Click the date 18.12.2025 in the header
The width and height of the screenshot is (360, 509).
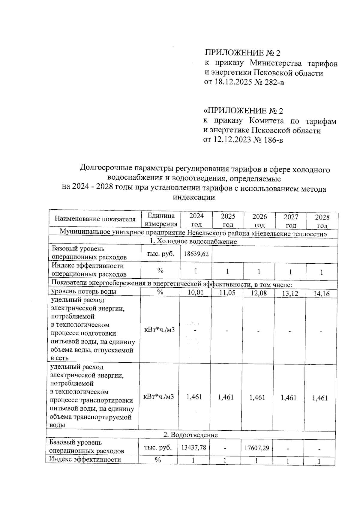[x=232, y=82]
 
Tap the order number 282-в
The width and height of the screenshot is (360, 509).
[x=273, y=82]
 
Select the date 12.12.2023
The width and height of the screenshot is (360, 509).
[x=231, y=139]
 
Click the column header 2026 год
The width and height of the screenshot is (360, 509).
[x=259, y=220]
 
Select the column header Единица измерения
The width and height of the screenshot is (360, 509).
[x=161, y=220]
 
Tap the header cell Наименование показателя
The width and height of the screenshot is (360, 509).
[x=95, y=219]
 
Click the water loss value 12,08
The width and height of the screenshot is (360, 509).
[x=259, y=293]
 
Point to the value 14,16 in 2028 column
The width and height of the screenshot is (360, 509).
[x=321, y=294]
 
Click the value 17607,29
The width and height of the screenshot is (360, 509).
[x=257, y=448]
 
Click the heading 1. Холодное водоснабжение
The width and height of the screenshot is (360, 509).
[x=193, y=241]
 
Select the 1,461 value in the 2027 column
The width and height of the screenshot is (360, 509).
[x=289, y=398]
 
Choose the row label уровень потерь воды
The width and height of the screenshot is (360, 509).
[x=84, y=292]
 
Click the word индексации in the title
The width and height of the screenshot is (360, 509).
[x=194, y=198]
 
